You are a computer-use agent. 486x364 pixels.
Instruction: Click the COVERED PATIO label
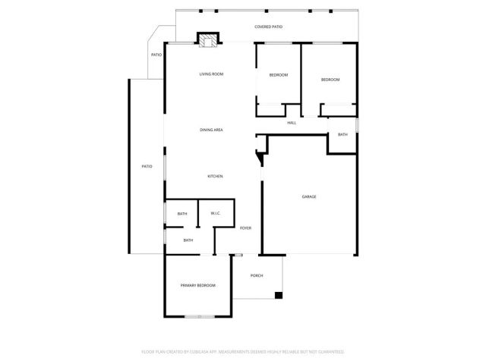click(x=268, y=27)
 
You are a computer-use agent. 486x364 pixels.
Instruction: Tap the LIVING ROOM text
click(x=211, y=74)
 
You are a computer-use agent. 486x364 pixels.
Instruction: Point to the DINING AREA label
click(x=211, y=130)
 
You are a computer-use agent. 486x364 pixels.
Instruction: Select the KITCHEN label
click(x=216, y=177)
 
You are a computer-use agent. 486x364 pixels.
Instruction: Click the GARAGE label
click(x=309, y=197)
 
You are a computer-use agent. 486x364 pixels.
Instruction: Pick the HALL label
click(x=292, y=124)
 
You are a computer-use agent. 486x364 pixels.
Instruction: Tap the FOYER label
click(x=245, y=228)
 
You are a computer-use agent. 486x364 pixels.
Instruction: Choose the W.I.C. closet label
click(x=216, y=214)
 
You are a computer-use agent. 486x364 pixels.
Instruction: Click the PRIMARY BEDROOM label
click(x=197, y=285)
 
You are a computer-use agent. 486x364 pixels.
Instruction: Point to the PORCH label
click(x=257, y=275)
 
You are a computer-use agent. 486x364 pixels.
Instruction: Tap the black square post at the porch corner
click(x=279, y=294)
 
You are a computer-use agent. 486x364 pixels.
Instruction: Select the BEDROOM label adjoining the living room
click(x=278, y=74)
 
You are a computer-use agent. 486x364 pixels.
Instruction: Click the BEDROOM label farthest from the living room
click(x=330, y=80)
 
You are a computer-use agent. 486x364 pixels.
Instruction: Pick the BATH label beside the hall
click(x=342, y=134)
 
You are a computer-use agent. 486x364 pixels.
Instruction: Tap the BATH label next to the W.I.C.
click(x=182, y=214)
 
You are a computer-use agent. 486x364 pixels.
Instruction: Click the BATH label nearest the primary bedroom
click(x=188, y=240)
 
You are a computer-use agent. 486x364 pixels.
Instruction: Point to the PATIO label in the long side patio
click(x=147, y=166)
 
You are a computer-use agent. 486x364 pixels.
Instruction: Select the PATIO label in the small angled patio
click(x=156, y=55)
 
